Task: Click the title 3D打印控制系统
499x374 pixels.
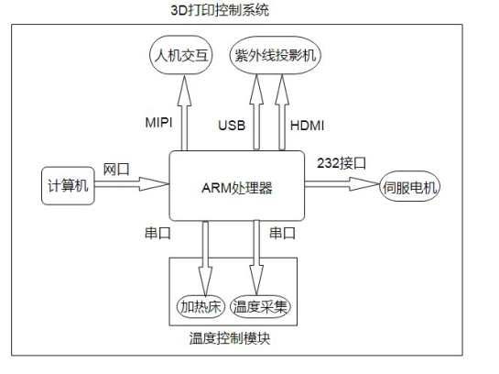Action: click(220, 10)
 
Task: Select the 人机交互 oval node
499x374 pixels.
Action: click(180, 55)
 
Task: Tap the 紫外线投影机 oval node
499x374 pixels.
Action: click(276, 55)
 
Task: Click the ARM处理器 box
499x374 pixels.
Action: click(237, 186)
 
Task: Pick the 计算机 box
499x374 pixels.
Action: click(68, 186)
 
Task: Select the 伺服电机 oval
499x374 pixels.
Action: click(410, 187)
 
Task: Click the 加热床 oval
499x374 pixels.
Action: click(201, 307)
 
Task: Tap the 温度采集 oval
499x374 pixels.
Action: click(260, 307)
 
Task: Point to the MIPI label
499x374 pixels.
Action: click(158, 123)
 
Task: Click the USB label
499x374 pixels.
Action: click(232, 126)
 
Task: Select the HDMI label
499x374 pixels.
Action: click(307, 126)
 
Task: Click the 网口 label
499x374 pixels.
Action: click(116, 170)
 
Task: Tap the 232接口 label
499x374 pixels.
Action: click(342, 163)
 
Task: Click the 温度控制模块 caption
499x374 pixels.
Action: click(230, 338)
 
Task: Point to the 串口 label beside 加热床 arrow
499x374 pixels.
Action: click(157, 233)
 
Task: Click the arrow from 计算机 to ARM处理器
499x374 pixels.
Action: click(132, 184)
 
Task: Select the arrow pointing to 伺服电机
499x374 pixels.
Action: click(342, 184)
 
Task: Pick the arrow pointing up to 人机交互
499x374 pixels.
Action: click(184, 112)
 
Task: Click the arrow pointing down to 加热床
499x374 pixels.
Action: click(205, 258)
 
